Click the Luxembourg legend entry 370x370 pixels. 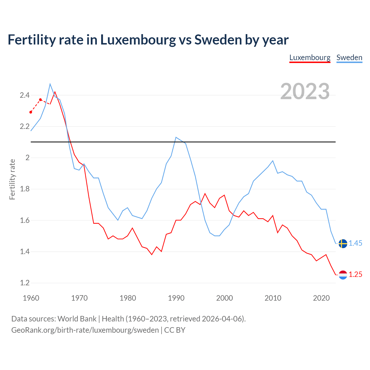pos(310,58)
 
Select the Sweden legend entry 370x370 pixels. pos(349,58)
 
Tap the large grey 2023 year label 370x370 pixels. pos(305,91)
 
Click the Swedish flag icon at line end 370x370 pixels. pos(343,243)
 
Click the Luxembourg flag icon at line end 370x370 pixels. pos(343,275)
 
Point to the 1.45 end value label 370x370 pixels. pos(355,243)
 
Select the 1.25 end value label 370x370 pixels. pos(355,275)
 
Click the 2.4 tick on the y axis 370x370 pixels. pos(25,95)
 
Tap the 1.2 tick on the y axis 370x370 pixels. pos(25,283)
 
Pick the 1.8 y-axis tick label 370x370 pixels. pos(25,189)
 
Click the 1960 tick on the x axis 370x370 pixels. pos(31,298)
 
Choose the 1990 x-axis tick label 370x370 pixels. pos(176,298)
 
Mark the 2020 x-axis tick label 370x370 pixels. pos(321,298)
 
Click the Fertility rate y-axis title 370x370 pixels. pos(12,179)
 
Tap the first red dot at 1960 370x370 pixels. pos(31,112)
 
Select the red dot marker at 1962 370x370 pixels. pos(40,100)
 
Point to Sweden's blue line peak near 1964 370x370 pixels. pos(50,84)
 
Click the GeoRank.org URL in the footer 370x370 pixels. pos(85,330)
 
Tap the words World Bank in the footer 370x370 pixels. pos(77,319)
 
